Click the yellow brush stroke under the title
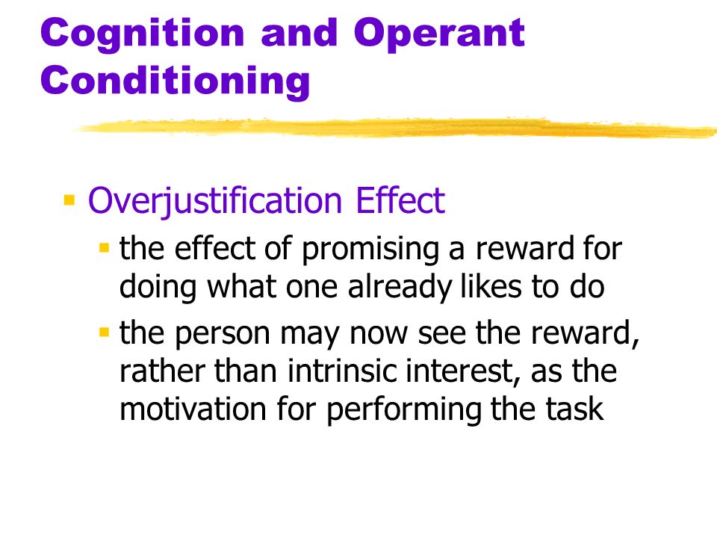(x=396, y=127)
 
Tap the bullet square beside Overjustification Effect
(x=69, y=200)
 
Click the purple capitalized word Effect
(x=400, y=200)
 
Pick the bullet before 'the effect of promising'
(x=105, y=248)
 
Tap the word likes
(x=491, y=286)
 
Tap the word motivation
(x=193, y=409)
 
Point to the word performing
(x=404, y=410)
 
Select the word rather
(x=162, y=371)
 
